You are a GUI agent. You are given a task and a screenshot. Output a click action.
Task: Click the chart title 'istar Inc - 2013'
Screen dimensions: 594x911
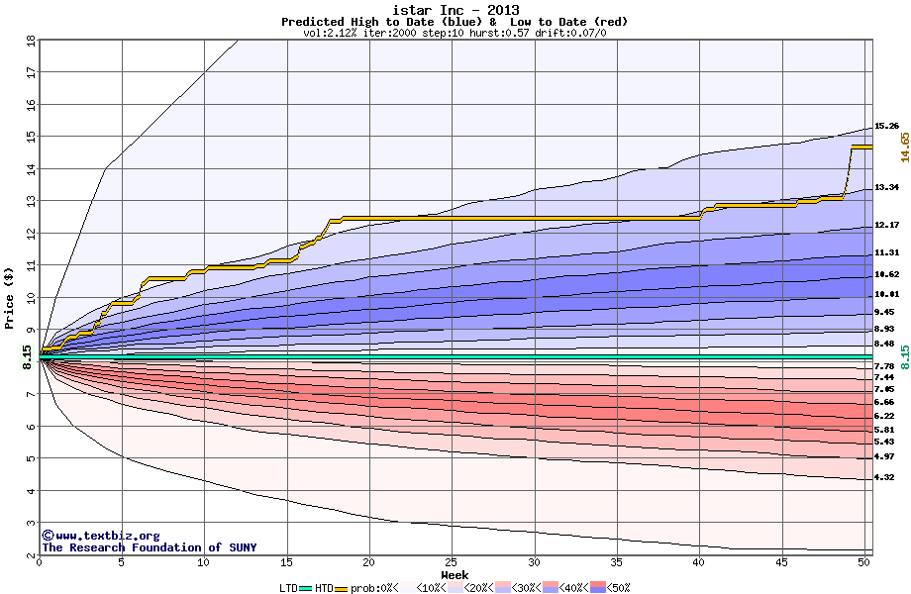pos(455,9)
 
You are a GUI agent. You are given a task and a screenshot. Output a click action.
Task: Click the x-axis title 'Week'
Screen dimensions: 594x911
pos(455,575)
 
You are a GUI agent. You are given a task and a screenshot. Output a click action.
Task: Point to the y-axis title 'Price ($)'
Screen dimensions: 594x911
pos(9,297)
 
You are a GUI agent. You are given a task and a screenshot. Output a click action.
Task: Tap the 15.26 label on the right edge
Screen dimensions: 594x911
pos(886,127)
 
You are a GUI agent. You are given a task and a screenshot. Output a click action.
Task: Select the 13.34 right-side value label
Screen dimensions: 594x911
pos(886,187)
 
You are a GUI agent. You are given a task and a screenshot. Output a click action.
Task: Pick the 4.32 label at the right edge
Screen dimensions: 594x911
pos(884,477)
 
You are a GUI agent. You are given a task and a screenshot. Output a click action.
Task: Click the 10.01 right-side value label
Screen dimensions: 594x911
pos(886,294)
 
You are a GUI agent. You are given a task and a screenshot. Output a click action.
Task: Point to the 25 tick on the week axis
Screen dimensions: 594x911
pos(452,562)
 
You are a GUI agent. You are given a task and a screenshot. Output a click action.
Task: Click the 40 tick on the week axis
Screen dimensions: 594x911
pos(699,562)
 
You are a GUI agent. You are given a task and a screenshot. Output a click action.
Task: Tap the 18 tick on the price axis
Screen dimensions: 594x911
pos(30,41)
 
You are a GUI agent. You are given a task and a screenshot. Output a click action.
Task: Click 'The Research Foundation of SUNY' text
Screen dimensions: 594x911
pos(145,547)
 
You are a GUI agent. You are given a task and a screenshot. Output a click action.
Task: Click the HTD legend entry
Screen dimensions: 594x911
pos(324,588)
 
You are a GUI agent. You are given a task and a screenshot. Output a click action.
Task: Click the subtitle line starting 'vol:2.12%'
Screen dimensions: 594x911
pos(455,33)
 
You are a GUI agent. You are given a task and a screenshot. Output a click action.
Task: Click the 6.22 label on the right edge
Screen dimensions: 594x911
pos(884,417)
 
